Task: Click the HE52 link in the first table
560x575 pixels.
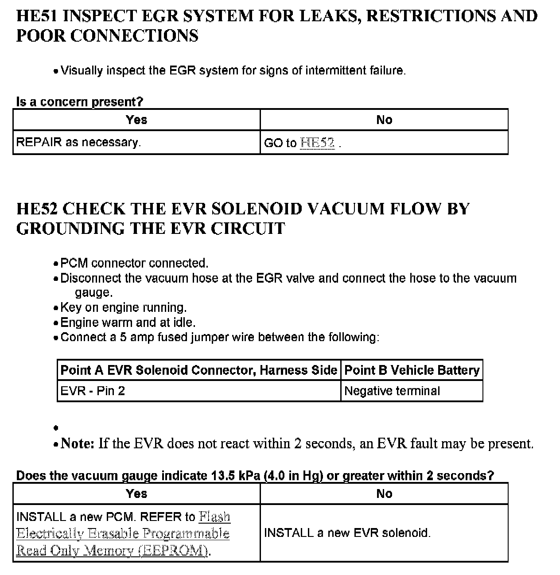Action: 317,143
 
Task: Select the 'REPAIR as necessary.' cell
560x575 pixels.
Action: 78,142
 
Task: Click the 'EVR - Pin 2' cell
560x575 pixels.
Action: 93,391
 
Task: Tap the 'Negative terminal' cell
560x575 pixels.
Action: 392,391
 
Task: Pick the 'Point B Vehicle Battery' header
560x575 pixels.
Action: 412,370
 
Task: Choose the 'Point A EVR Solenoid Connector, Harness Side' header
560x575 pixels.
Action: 198,370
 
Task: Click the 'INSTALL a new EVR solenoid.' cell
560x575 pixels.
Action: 347,532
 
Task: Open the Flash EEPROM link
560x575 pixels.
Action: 123,533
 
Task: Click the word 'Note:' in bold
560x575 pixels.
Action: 78,443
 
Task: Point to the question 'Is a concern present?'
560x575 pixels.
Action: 80,102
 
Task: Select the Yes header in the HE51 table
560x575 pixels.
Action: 136,120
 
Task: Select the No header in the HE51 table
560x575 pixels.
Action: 384,120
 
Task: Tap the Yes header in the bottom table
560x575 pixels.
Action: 136,493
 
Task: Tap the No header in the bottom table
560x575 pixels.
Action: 384,493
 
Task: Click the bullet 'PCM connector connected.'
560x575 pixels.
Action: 134,263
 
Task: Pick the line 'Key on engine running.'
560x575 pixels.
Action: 124,307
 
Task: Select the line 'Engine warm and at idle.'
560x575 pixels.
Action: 128,322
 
